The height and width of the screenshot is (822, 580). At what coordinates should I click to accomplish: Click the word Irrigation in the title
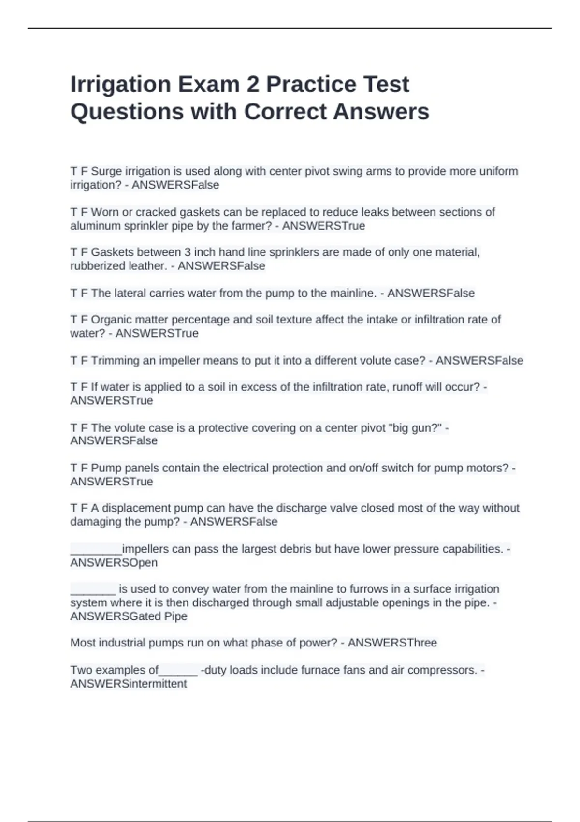(x=121, y=85)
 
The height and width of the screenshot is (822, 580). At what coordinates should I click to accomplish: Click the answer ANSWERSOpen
(x=114, y=563)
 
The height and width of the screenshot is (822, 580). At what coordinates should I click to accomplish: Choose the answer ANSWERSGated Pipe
(x=129, y=616)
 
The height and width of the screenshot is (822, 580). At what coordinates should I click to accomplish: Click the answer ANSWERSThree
(x=392, y=643)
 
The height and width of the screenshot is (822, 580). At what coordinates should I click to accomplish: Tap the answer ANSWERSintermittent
(x=129, y=684)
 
